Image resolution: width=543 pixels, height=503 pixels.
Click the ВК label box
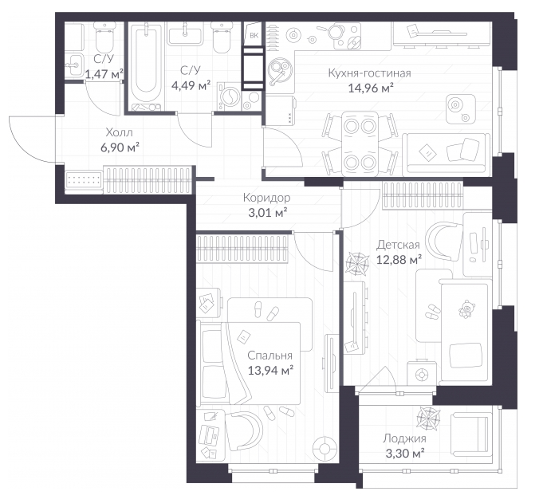click(254, 35)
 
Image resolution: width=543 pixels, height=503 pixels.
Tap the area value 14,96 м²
click(371, 88)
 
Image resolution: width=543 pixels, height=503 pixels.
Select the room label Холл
click(120, 132)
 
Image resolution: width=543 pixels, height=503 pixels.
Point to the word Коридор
click(266, 198)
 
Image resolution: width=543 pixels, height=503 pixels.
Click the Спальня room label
click(270, 356)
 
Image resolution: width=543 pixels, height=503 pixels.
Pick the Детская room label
click(398, 245)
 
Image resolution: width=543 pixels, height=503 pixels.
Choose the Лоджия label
click(404, 438)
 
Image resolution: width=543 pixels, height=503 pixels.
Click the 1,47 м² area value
click(104, 74)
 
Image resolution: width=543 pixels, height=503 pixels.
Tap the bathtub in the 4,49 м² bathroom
click(146, 66)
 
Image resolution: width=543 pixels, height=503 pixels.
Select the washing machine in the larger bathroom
click(229, 96)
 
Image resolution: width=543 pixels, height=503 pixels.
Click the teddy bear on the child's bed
click(466, 308)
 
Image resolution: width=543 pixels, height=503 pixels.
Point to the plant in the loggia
click(429, 418)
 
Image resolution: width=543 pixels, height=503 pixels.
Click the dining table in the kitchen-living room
click(360, 144)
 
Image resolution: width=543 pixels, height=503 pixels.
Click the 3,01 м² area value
click(268, 213)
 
